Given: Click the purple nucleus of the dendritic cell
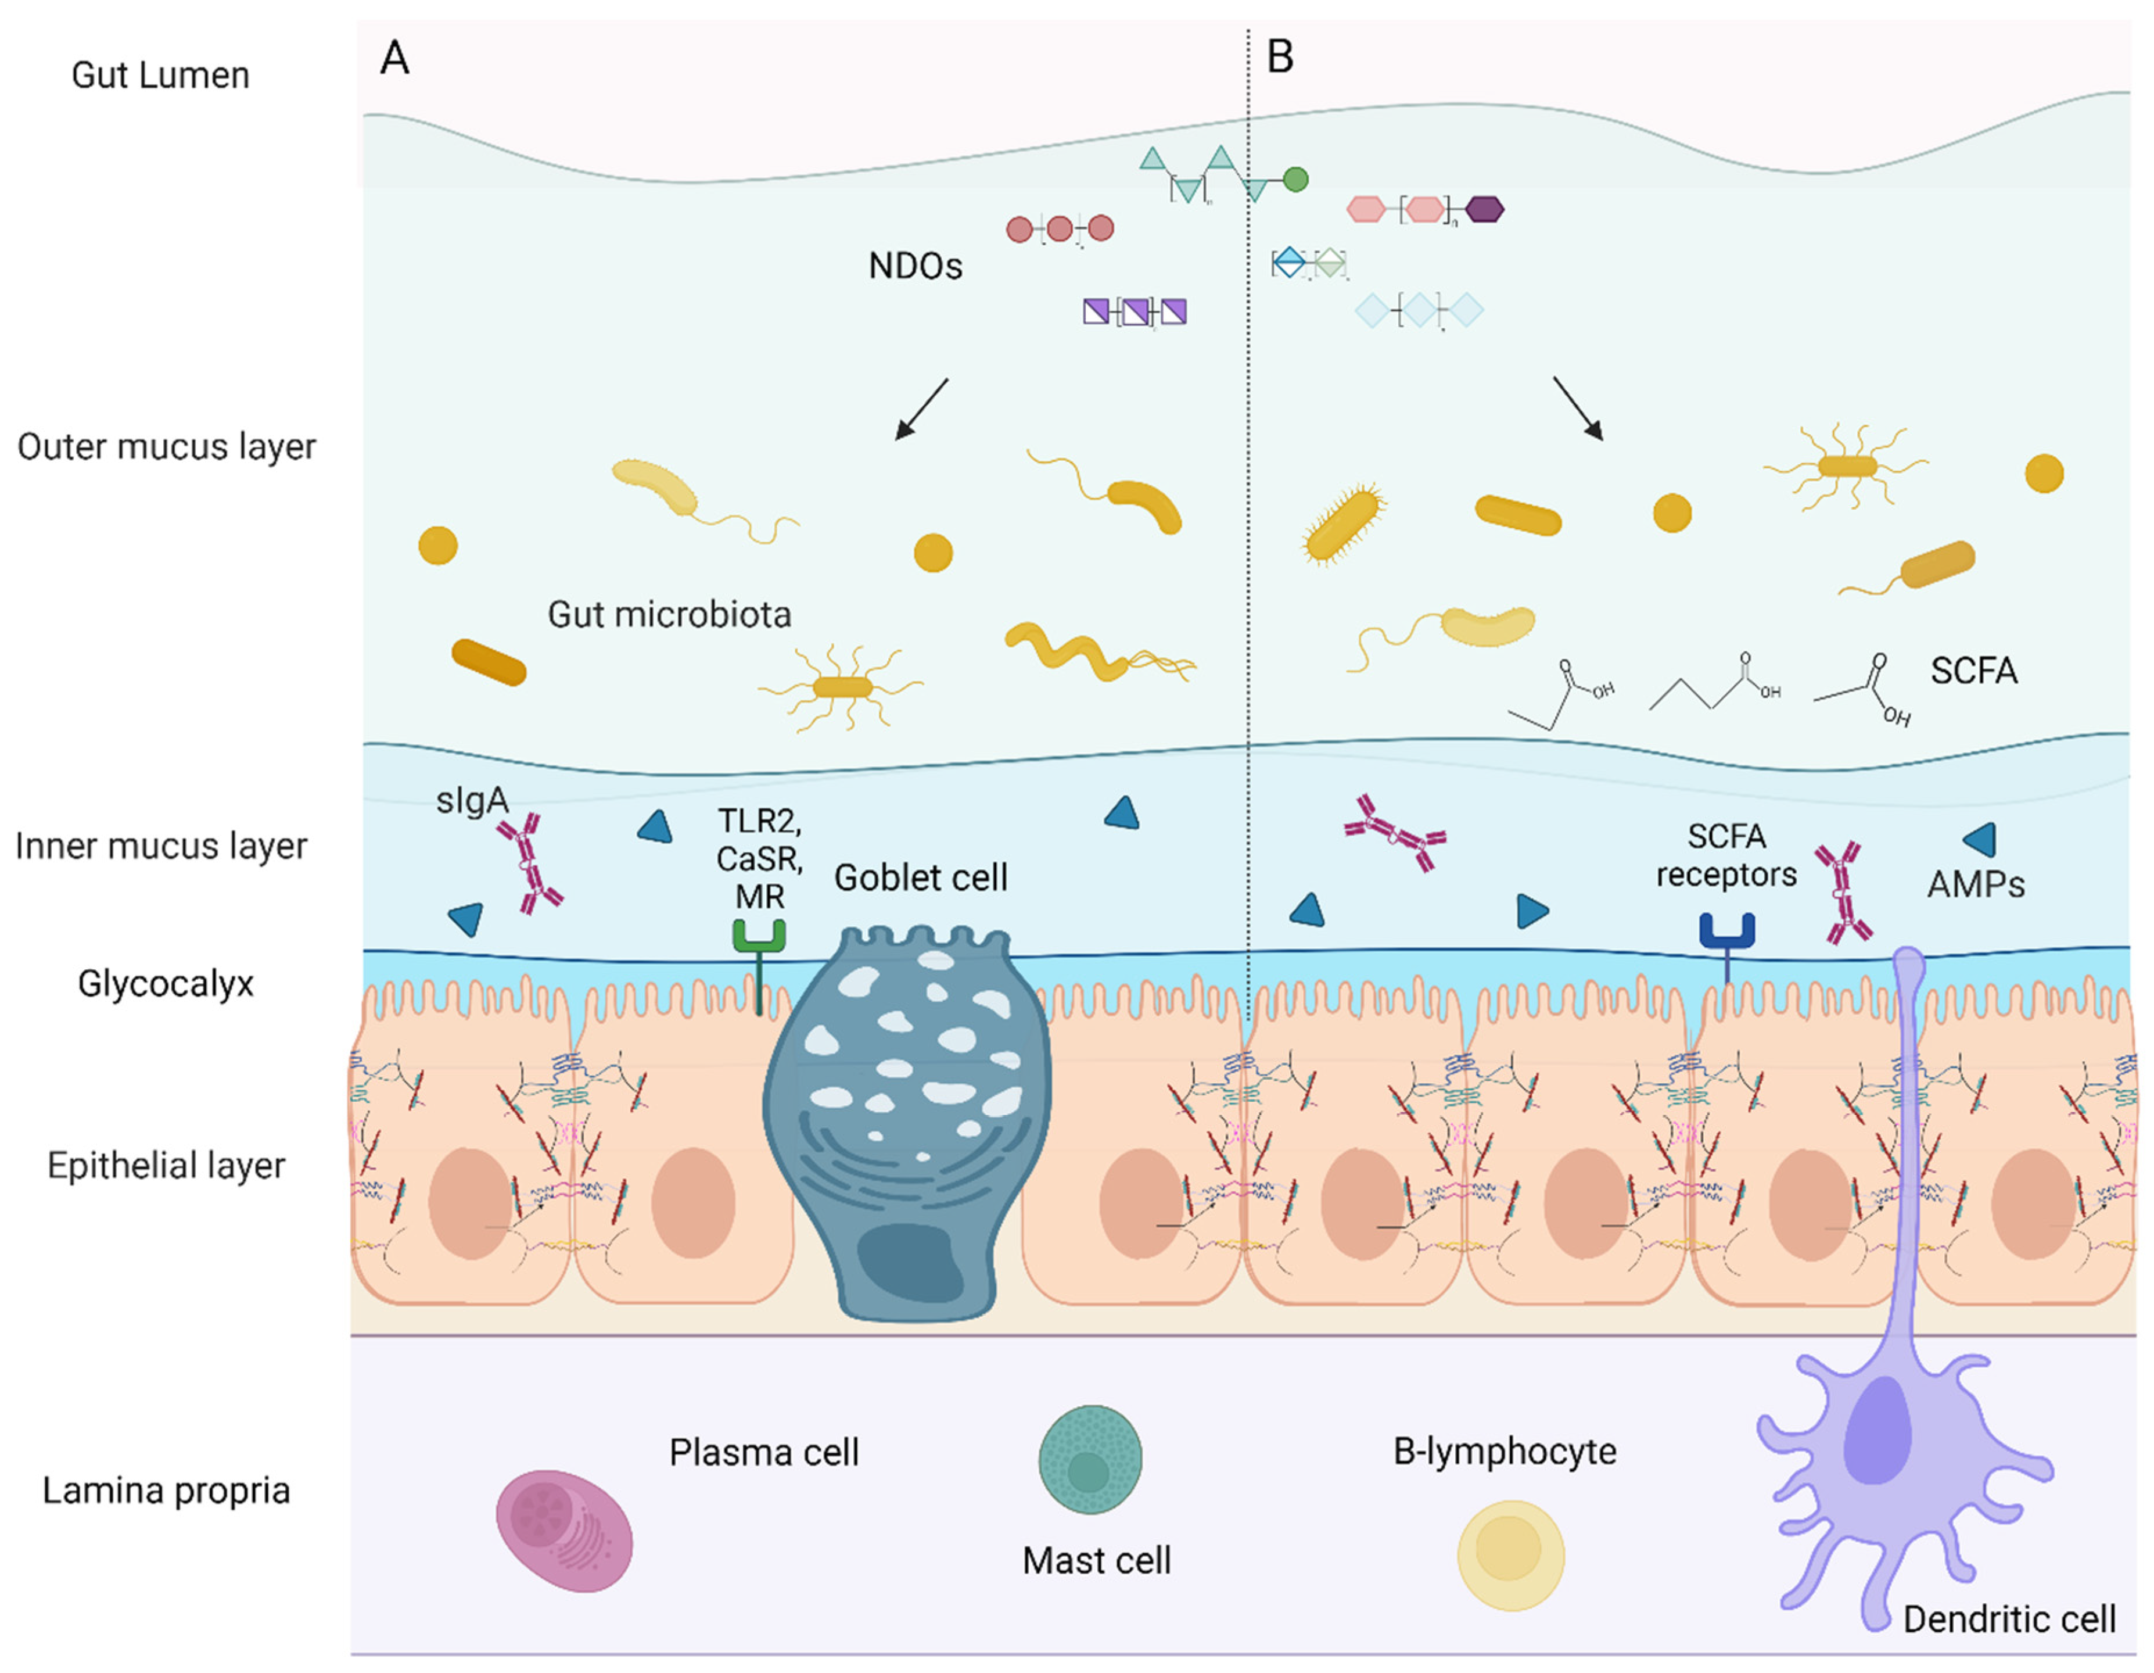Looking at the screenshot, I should click(x=1877, y=1430).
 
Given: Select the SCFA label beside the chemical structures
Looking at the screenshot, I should click(x=1973, y=671).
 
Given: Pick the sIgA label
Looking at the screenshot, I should click(x=472, y=800).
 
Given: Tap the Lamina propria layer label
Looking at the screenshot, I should click(x=166, y=1491).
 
